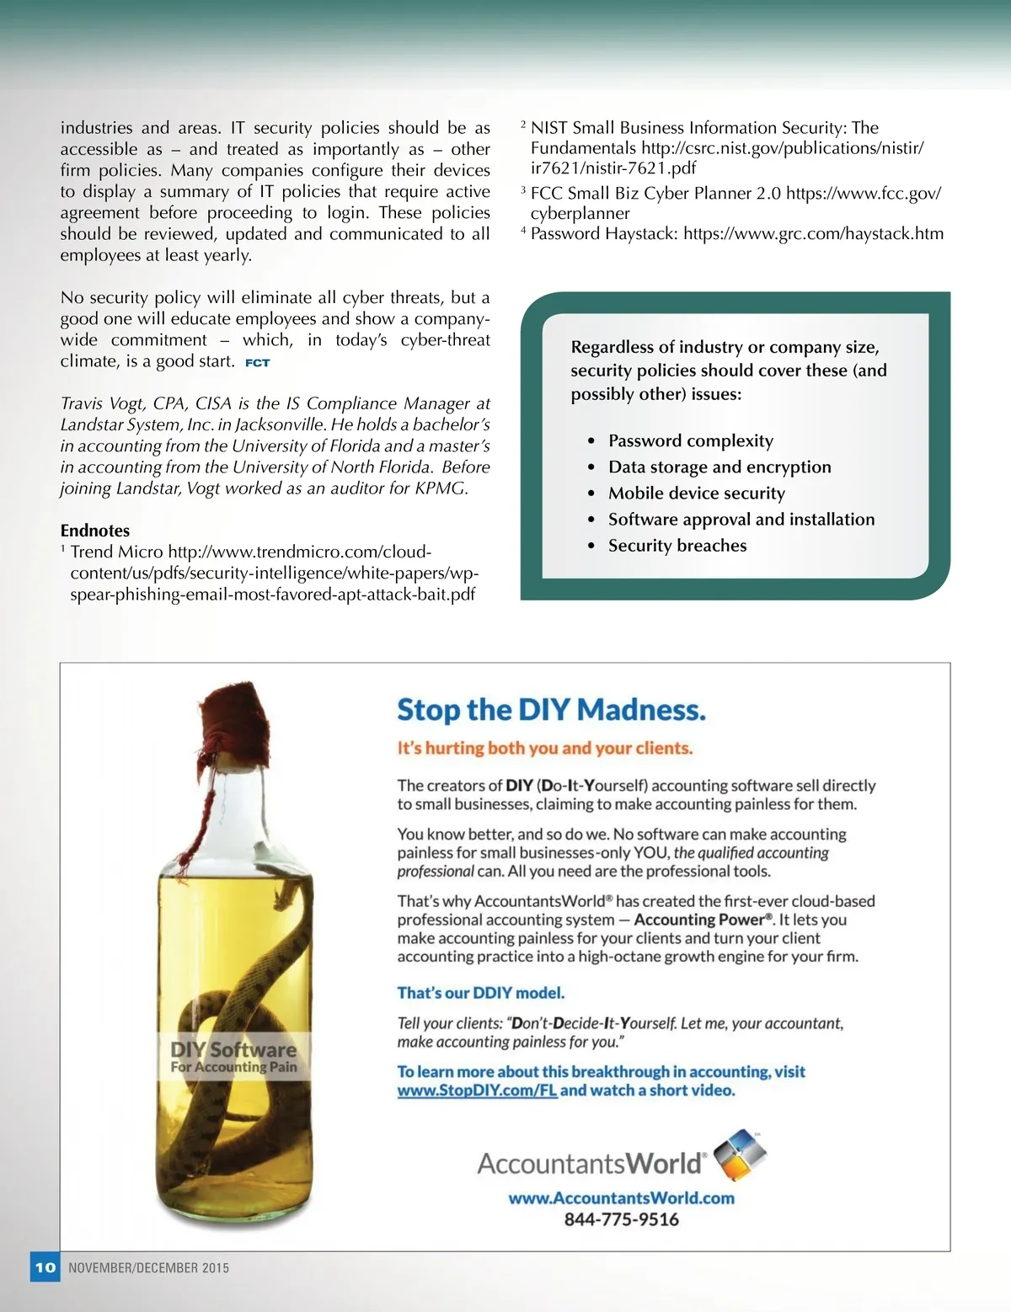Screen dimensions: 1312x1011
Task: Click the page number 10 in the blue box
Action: (45, 1267)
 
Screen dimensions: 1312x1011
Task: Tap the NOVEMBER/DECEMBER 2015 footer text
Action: (148, 1267)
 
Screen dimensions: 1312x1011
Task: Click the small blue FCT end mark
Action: (257, 363)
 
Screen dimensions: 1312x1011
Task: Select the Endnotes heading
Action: (95, 531)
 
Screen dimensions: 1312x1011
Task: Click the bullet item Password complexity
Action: (690, 440)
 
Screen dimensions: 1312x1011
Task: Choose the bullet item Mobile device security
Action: (696, 493)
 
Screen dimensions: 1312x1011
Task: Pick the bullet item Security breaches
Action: (677, 545)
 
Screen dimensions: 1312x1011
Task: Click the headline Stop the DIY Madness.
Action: (551, 710)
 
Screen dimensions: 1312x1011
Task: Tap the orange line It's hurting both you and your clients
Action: (544, 748)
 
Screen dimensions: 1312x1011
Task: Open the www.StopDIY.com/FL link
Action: (477, 1090)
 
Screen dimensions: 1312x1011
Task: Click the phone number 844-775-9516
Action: (621, 1219)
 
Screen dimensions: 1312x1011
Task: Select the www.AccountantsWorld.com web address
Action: (621, 1197)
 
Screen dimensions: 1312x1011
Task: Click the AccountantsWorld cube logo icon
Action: (740, 1156)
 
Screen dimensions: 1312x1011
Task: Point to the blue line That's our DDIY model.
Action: (480, 993)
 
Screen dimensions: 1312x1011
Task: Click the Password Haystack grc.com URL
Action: (813, 233)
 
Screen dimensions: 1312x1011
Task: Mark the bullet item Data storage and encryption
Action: (719, 467)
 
